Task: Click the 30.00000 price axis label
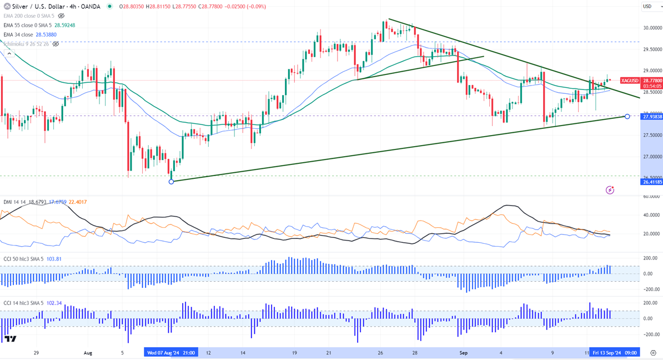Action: (650, 28)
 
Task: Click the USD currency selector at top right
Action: (648, 7)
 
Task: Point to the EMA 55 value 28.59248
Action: (64, 25)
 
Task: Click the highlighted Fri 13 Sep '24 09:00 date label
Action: (615, 352)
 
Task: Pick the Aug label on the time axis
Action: (87, 352)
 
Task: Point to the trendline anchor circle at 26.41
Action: (172, 182)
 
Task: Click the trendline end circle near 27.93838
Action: (627, 116)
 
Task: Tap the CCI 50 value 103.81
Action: (54, 259)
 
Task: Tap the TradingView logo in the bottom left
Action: (10, 338)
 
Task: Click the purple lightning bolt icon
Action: (610, 190)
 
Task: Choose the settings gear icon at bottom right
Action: (654, 352)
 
